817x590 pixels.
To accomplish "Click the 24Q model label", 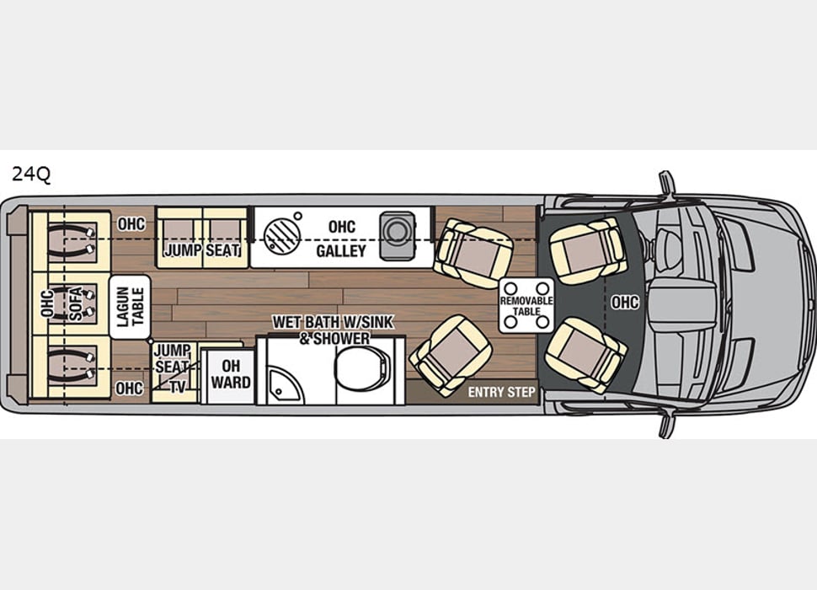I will (31, 174).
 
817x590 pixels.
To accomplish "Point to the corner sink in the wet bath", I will (280, 382).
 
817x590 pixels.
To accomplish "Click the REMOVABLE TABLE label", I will (526, 305).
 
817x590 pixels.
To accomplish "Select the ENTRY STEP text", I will (501, 392).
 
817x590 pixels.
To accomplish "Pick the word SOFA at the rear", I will (77, 304).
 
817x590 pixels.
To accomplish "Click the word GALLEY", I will (340, 251).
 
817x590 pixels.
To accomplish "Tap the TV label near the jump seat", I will (178, 387).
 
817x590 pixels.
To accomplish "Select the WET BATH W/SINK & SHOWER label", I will (320, 330).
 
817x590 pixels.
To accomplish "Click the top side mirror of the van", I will (667, 183).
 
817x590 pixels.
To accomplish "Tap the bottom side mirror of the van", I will (667, 425).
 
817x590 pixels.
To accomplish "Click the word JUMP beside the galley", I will (183, 250).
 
